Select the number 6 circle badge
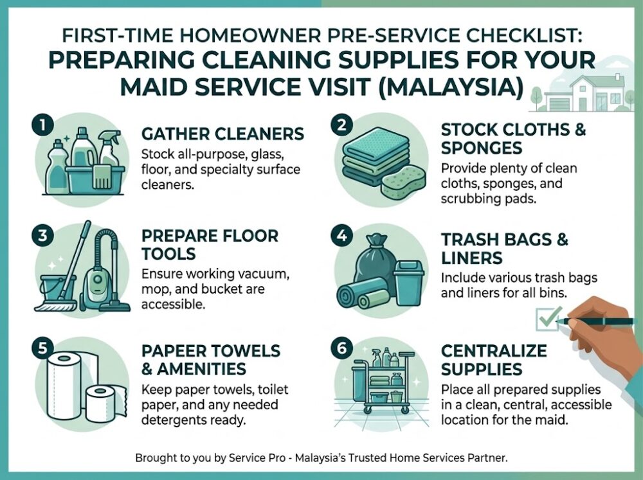pyautogui.click(x=341, y=347)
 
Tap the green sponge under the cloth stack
pyautogui.click(x=405, y=183)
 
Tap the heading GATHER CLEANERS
pyautogui.click(x=222, y=134)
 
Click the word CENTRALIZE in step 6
pyautogui.click(x=493, y=351)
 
